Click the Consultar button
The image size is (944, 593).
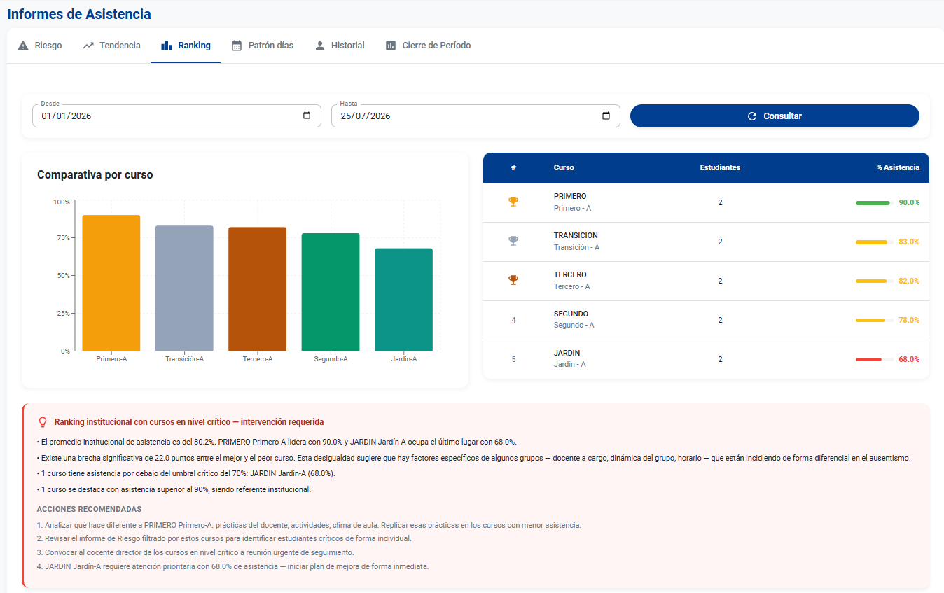(x=775, y=116)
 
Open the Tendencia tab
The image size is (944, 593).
(x=111, y=45)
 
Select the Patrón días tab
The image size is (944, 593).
(x=263, y=45)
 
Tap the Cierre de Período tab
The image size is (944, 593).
(x=428, y=45)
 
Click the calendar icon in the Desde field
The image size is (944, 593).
(x=307, y=116)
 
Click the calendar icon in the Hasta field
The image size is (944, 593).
(x=606, y=116)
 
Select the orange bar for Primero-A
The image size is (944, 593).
(x=111, y=283)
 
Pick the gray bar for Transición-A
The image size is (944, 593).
(x=184, y=288)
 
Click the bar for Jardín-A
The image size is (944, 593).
(x=404, y=300)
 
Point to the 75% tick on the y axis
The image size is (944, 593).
(x=73, y=238)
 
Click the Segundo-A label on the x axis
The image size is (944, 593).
(x=331, y=359)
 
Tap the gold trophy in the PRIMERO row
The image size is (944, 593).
(x=513, y=202)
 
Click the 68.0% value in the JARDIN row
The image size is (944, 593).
(x=909, y=359)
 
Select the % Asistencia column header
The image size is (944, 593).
(x=898, y=167)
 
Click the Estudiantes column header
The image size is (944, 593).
(x=720, y=167)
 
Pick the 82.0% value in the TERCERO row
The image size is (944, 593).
(x=909, y=281)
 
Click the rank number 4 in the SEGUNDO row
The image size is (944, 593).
(x=513, y=321)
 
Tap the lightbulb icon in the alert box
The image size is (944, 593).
(x=43, y=422)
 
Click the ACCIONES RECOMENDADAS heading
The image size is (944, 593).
(x=90, y=509)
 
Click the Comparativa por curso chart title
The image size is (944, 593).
(x=95, y=174)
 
